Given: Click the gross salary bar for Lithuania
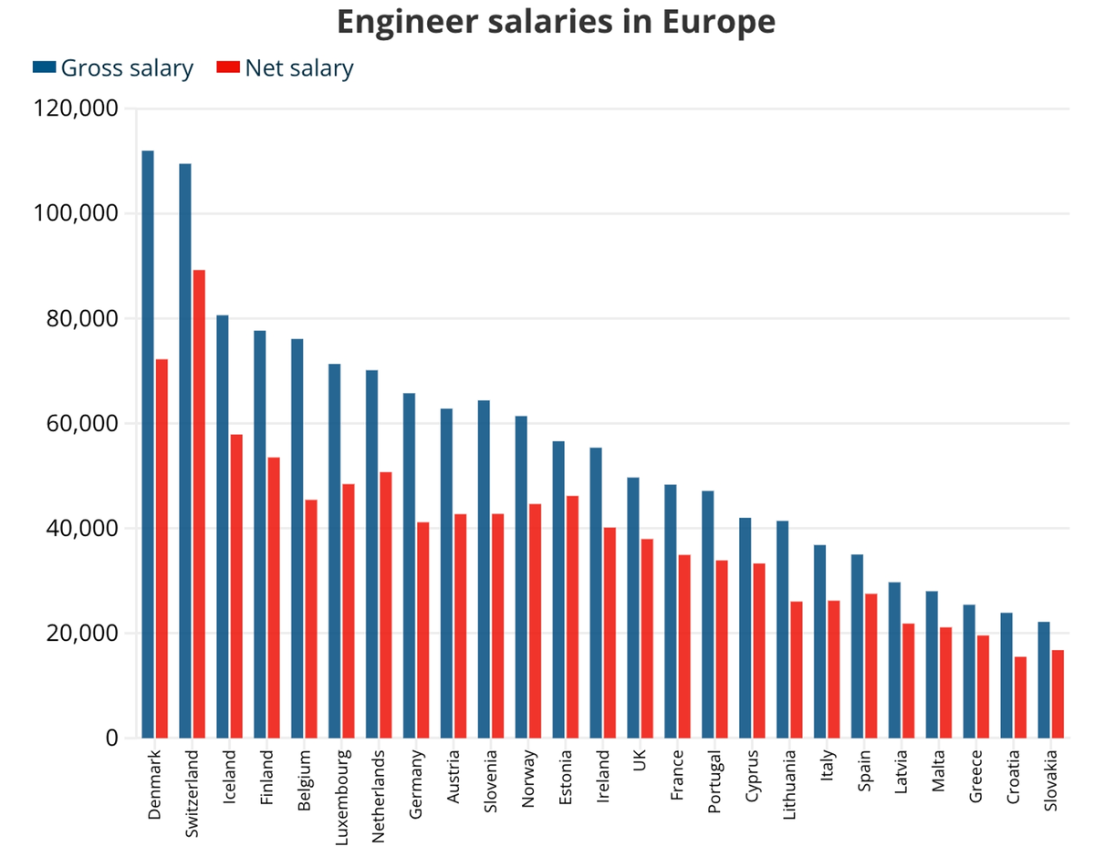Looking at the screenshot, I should [782, 629].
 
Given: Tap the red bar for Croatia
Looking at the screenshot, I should [1020, 697].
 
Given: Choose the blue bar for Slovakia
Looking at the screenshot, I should [1044, 679].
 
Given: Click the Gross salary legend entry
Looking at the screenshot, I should [113, 67].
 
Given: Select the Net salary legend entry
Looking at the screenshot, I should [286, 67].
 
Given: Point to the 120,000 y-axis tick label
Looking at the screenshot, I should [76, 108].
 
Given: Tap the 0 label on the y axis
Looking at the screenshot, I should [112, 738].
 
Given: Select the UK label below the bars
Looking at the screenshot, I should [640, 759].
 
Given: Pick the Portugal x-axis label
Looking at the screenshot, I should [714, 783].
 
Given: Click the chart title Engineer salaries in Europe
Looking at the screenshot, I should [556, 22].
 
